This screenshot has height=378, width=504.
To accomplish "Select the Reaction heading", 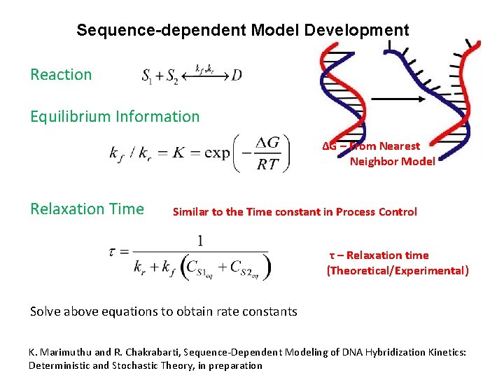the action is (x=61, y=74).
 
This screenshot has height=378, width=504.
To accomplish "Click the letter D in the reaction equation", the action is (x=236, y=75).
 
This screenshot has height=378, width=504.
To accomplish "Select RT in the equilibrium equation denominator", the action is (x=267, y=165).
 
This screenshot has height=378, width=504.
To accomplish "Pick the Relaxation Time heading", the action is (x=87, y=209).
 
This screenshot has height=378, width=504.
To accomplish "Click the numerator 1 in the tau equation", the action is (x=200, y=241).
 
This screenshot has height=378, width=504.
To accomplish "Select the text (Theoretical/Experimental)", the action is (x=398, y=270).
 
